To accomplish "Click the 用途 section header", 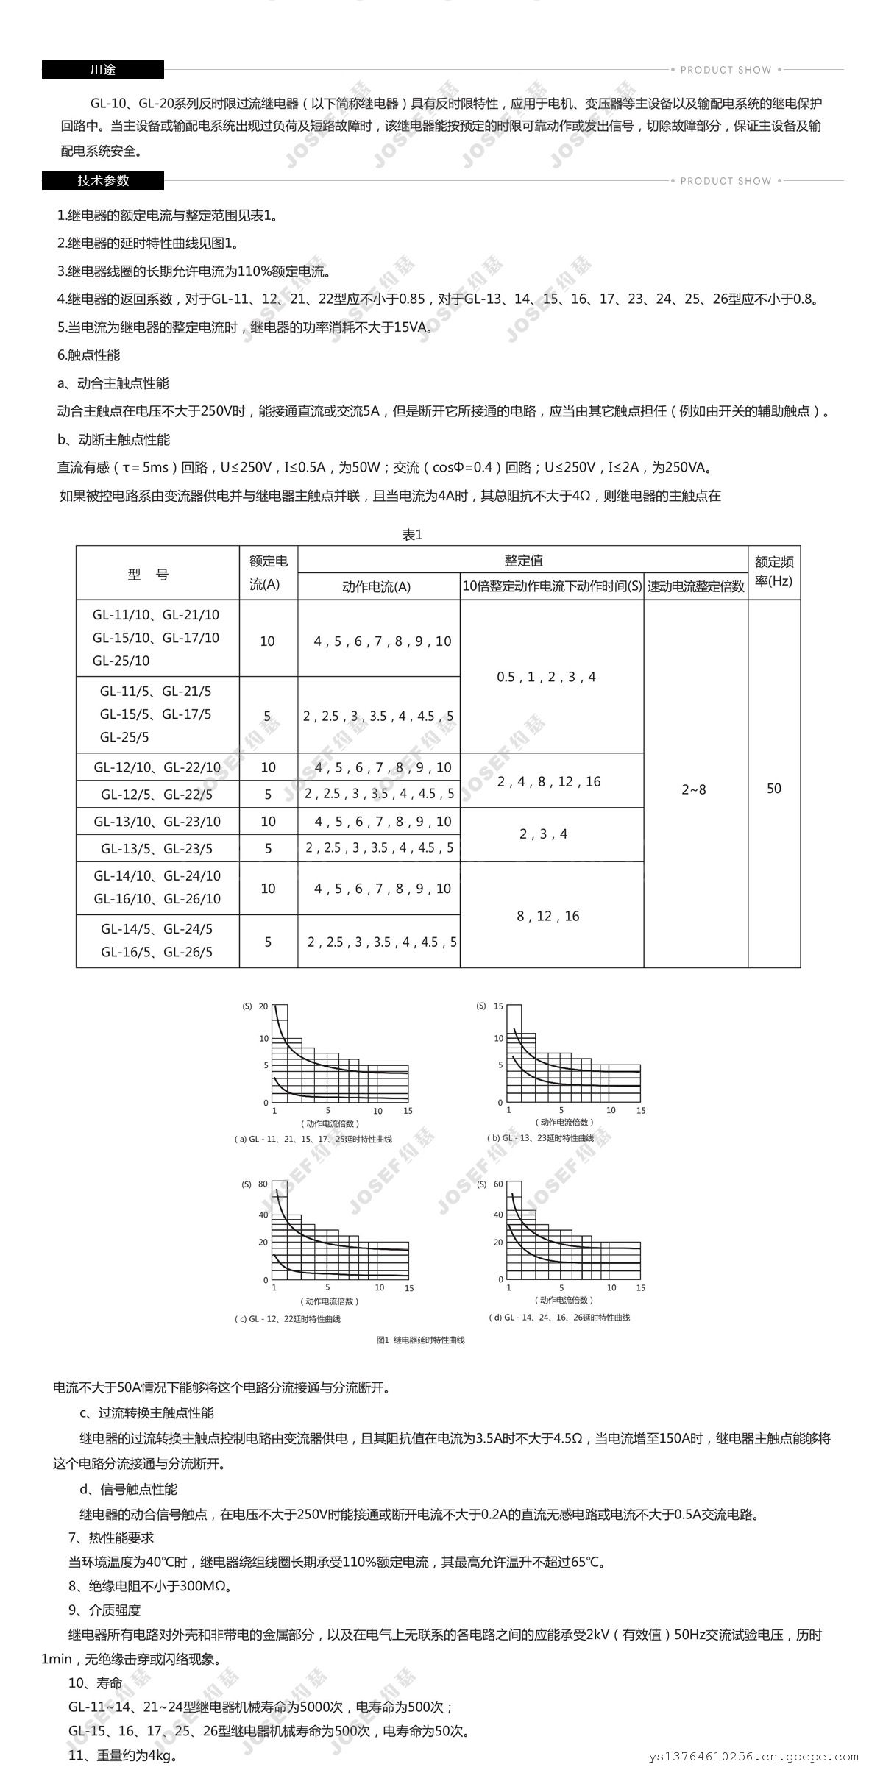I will pos(102,70).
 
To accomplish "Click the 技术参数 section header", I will pos(102,180).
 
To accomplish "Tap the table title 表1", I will pos(412,535).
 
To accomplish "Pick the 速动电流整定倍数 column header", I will pos(695,587).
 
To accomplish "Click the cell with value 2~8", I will pos(693,789).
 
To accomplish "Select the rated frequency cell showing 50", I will pos(774,789).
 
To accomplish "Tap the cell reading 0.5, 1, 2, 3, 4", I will pos(546,677).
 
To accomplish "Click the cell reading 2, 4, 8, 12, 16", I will pos(549,781).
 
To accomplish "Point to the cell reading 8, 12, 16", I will pos(548,916).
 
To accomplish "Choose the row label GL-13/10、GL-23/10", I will pos(157,822).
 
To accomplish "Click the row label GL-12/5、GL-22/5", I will pos(157,795).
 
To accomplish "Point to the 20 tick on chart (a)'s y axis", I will pos(263,1006).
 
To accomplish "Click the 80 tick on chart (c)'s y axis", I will pos(263,1184).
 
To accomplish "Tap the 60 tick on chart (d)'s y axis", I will pos(498,1184).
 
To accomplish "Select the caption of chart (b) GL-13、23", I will pos(542,1138).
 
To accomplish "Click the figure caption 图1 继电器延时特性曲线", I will pos(420,1340).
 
